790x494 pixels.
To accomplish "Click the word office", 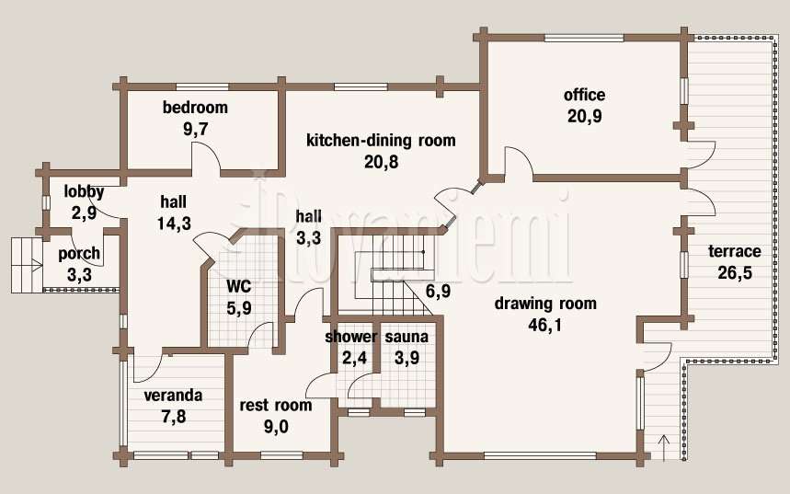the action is [x=584, y=95].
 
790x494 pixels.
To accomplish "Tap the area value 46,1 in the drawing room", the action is [x=544, y=325].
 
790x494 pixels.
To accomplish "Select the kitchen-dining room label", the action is [x=381, y=140].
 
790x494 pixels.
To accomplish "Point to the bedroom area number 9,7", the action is [x=196, y=129].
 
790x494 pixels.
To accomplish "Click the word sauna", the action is [x=406, y=337].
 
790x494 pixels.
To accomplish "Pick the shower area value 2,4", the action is [x=355, y=358].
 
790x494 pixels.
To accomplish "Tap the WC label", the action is [x=239, y=286].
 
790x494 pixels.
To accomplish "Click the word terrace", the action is [x=735, y=251].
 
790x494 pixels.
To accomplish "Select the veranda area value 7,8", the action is [x=174, y=417].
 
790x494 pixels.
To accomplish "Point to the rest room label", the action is [x=276, y=406].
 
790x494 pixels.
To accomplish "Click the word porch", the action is [x=79, y=254].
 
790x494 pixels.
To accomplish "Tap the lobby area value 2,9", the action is [x=84, y=213].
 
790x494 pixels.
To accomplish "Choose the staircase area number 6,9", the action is [x=438, y=291].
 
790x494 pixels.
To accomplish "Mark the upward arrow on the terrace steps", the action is [x=664, y=448].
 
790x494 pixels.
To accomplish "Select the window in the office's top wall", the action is [x=584, y=38].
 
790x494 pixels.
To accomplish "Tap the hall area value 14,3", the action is [x=174, y=224].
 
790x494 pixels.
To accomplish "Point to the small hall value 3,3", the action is [x=308, y=238].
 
